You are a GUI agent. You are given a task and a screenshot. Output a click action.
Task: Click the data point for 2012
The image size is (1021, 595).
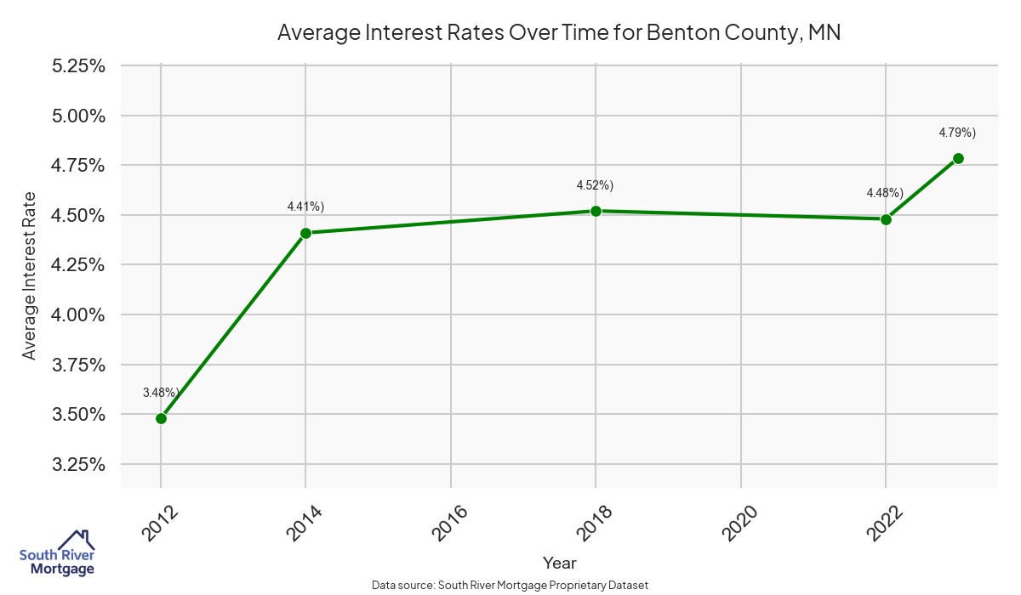161,418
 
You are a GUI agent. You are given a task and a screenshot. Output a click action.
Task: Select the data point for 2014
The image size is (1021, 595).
305,233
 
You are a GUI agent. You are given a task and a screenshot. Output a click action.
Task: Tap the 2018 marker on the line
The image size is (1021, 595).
596,211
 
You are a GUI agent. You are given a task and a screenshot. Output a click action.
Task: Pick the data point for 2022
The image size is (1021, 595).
886,219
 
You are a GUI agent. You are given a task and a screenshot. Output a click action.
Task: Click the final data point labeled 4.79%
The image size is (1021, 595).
958,158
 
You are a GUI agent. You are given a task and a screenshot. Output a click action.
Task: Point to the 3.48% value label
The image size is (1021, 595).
161,393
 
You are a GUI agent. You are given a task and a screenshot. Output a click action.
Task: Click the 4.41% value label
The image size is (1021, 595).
305,207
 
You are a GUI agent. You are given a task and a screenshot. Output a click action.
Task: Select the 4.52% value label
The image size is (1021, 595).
595,185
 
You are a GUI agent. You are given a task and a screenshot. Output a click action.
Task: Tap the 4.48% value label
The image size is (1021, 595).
885,193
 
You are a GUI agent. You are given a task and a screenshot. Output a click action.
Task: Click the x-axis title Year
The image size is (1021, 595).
559,563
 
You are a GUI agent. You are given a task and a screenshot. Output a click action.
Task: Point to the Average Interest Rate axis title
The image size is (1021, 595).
30,275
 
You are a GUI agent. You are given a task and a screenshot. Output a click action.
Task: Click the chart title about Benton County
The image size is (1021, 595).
559,33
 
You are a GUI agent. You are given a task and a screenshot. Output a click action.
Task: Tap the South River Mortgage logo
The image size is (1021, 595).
57,553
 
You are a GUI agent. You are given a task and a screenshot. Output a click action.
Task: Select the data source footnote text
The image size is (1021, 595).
510,585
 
